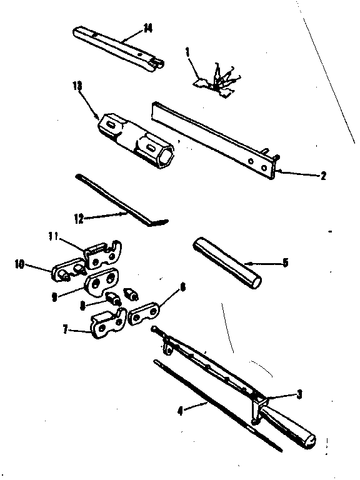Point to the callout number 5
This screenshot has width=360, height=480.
[x=285, y=263]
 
